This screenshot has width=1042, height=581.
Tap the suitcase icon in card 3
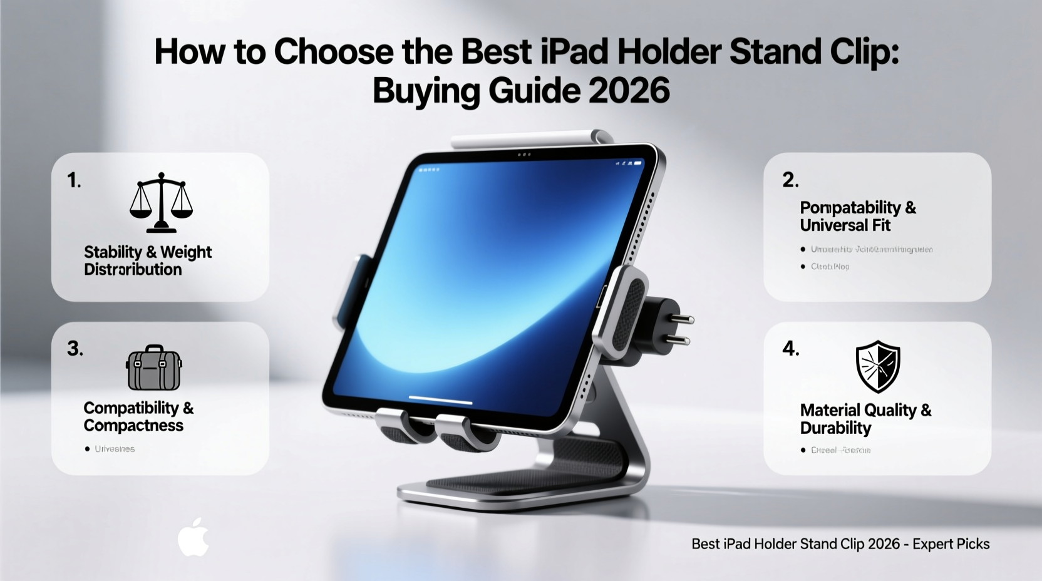(x=154, y=368)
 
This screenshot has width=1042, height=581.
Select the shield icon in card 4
(x=877, y=366)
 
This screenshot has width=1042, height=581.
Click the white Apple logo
(x=193, y=537)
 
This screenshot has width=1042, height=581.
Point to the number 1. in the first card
(x=75, y=180)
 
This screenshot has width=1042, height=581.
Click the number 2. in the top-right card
(x=790, y=180)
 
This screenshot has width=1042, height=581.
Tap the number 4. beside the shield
(x=790, y=348)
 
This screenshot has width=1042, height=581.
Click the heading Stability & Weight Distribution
(x=148, y=260)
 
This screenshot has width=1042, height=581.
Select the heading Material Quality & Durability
(x=865, y=419)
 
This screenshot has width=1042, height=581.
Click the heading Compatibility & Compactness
(x=138, y=416)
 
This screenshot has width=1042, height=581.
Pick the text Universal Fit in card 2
(x=845, y=225)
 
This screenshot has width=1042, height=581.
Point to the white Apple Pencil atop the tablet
(x=529, y=139)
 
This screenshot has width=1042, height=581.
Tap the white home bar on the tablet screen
(x=440, y=399)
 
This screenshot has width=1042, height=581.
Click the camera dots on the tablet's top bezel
(x=525, y=154)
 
